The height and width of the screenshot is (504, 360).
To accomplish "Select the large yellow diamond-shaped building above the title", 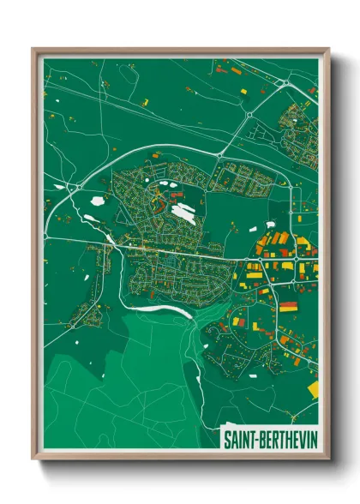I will pos(312,388).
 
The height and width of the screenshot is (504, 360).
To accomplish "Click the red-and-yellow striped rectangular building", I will pos(288,306).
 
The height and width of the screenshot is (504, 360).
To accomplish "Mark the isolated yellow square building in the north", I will pos(243,90).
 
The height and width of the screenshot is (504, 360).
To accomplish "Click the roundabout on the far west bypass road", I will pos(57,184).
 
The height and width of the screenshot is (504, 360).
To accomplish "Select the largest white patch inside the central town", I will pos(183,212).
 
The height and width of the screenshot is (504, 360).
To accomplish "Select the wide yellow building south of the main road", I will pos(255,275).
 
